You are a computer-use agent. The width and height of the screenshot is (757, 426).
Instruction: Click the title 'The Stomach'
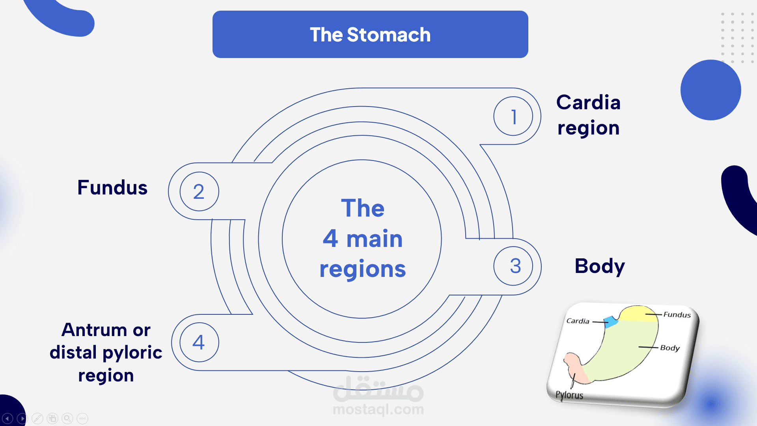point(370,35)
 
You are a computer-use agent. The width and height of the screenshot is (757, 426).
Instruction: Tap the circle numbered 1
point(513,116)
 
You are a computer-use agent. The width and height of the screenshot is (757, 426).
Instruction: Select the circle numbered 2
point(199,191)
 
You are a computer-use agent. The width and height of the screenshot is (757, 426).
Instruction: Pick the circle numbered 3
point(513,266)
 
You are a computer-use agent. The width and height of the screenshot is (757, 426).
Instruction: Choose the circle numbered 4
point(199,342)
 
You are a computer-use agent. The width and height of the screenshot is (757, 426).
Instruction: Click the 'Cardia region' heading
point(588,115)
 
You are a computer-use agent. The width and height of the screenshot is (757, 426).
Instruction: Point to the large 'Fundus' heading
point(112,188)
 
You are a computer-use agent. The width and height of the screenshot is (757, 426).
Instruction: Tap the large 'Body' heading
point(600,266)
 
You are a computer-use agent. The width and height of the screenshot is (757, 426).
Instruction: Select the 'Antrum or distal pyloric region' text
point(106,352)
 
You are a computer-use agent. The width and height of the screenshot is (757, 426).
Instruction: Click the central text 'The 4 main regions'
point(362,239)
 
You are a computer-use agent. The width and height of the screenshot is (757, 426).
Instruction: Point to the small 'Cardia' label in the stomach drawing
point(578,321)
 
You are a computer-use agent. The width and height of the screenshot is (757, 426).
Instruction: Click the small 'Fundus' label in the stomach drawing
point(677,315)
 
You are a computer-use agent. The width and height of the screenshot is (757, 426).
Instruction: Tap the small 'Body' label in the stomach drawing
point(670,348)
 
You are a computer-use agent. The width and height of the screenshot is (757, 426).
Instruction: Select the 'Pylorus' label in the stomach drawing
point(569,395)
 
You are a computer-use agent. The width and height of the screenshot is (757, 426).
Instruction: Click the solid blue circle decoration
point(710,90)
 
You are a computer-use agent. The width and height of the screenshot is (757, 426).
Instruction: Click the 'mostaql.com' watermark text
point(378,409)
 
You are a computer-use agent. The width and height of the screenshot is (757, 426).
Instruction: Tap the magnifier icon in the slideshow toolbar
point(67,418)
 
